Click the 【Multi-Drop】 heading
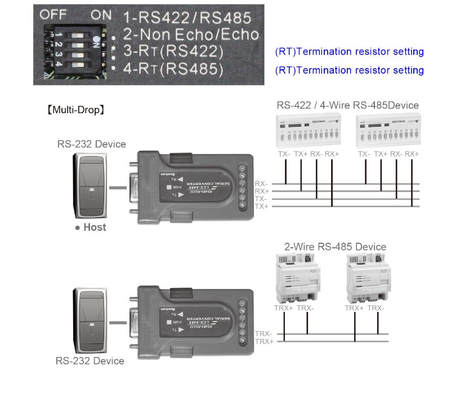75,110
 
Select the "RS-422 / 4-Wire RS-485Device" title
347,105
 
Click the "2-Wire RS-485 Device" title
336,247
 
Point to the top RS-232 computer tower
90,186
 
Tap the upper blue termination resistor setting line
349,52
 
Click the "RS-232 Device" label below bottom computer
90,361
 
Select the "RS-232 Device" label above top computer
91,144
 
